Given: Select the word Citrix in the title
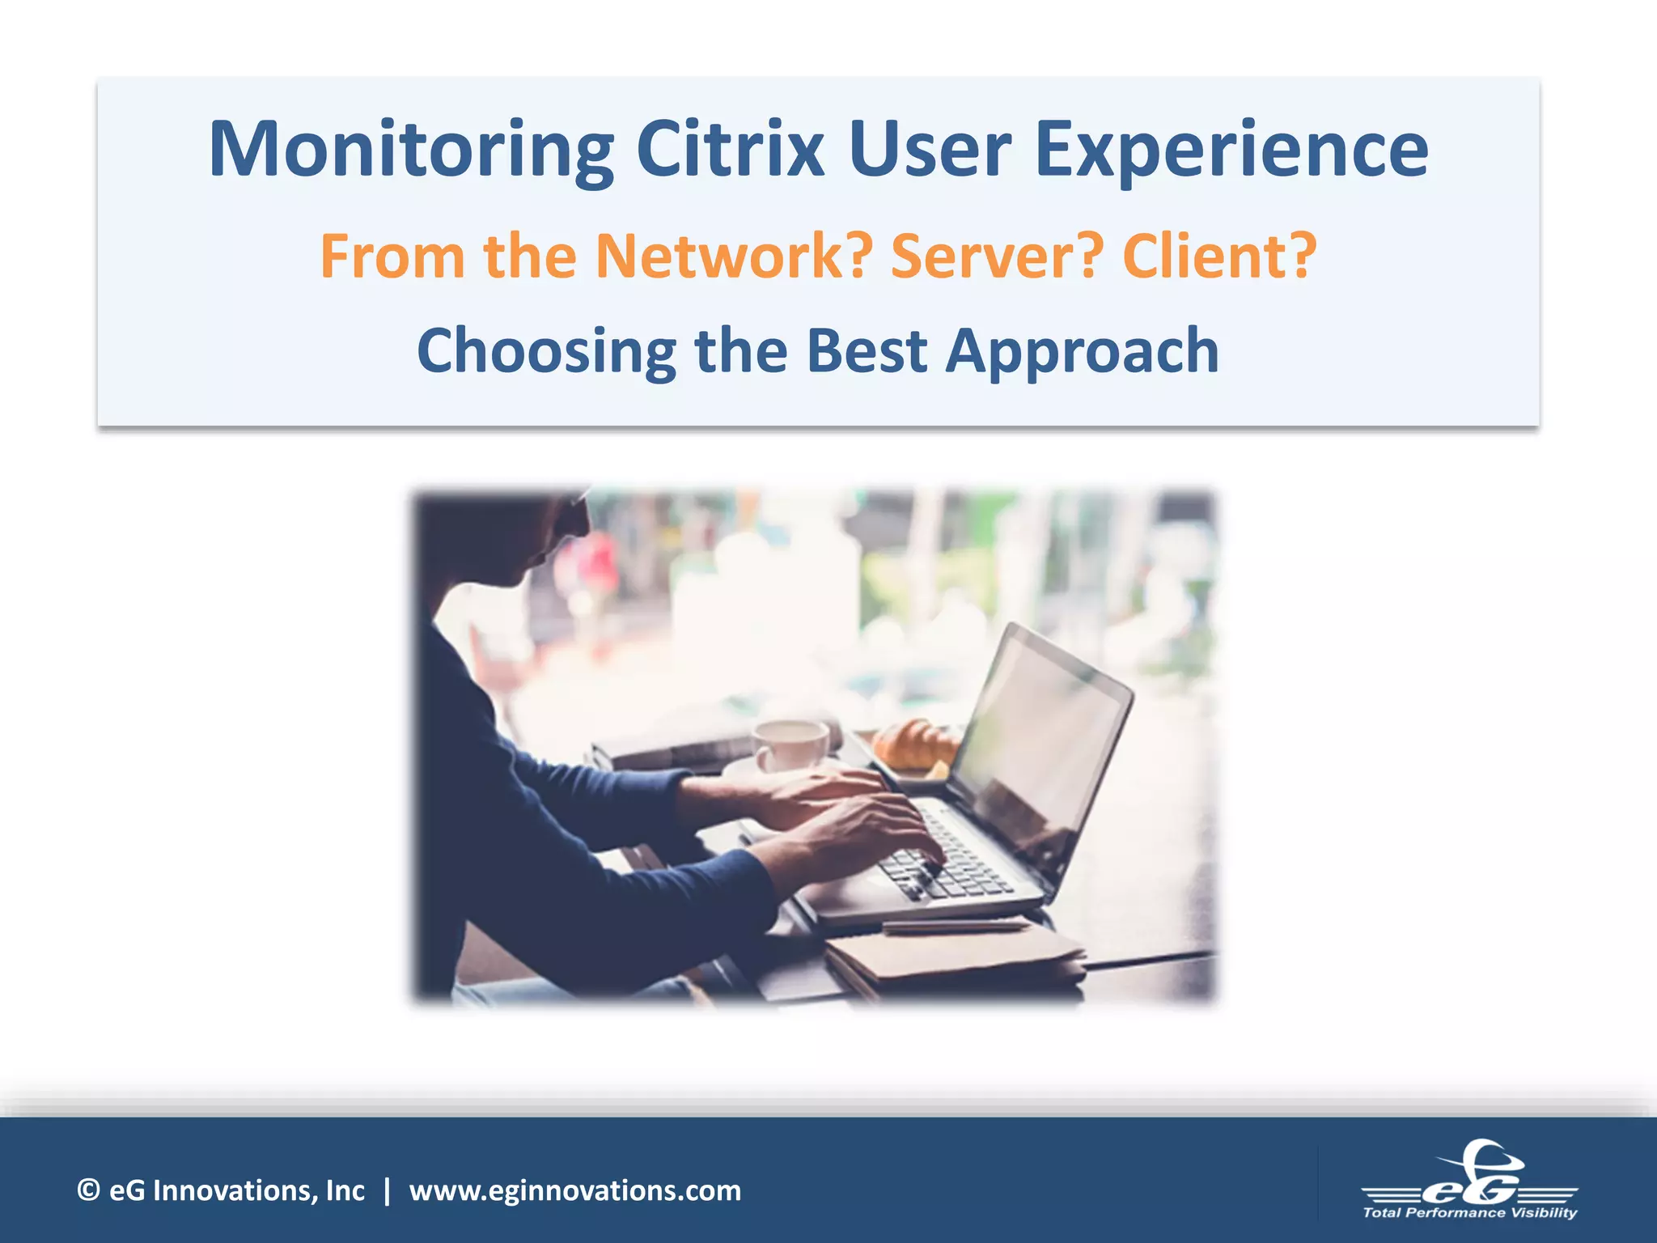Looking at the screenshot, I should pyautogui.click(x=730, y=150).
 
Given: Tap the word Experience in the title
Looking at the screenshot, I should pyautogui.click(x=1231, y=150).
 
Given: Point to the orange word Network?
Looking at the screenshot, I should pyautogui.click(x=733, y=256).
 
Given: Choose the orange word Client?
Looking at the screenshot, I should pyautogui.click(x=1219, y=256).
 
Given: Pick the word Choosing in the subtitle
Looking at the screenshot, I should pyautogui.click(x=546, y=351).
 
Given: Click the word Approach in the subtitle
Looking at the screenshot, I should pyautogui.click(x=1082, y=351).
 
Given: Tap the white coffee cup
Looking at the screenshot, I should pyautogui.click(x=790, y=744).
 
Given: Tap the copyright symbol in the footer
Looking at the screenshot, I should pyautogui.click(x=88, y=1190).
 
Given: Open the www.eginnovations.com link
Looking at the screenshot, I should pyautogui.click(x=574, y=1190).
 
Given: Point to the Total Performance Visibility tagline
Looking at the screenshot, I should pyautogui.click(x=1470, y=1212).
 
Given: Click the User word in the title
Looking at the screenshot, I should pyautogui.click(x=930, y=150).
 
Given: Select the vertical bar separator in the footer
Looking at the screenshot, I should pyautogui.click(x=388, y=1190).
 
